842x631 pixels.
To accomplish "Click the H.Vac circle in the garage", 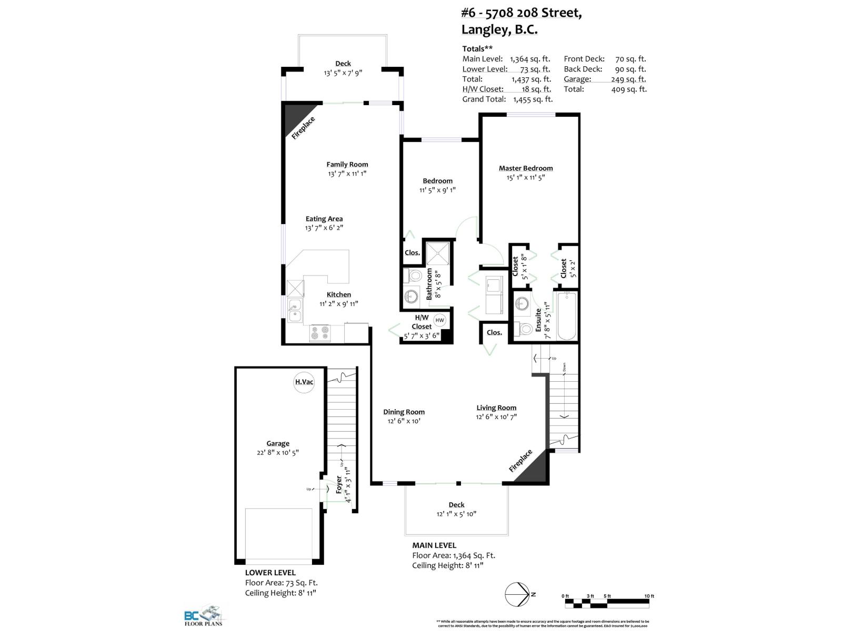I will (304, 382).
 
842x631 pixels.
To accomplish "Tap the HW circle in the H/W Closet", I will (439, 320).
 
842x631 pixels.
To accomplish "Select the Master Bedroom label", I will (525, 168).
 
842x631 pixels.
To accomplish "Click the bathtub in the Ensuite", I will (566, 316).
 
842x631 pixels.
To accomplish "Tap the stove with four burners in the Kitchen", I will (320, 333).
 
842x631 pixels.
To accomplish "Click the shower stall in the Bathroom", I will (439, 255).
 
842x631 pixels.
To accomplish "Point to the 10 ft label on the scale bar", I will (649, 596).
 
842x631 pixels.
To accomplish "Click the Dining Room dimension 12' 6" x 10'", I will (404, 421).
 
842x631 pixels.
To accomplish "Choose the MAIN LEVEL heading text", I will (434, 545).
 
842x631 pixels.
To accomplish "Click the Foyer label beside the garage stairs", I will (339, 484).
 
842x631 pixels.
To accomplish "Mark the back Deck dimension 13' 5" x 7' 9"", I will (343, 73).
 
